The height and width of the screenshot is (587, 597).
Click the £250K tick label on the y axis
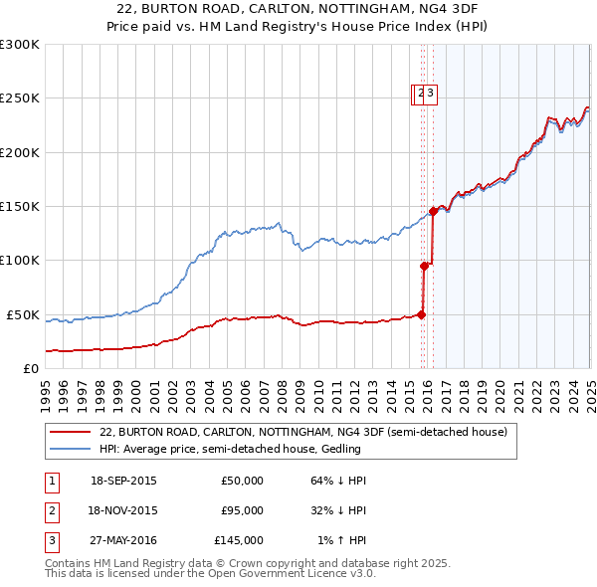[x=19, y=98]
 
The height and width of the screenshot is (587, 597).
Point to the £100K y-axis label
[x=19, y=261]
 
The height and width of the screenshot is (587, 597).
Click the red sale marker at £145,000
[x=434, y=211]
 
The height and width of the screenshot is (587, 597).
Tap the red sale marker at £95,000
[x=424, y=266]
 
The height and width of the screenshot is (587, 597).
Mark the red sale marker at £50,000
[x=421, y=314]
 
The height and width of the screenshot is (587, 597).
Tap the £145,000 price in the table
[x=238, y=540]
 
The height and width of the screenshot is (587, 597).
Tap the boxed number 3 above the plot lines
[x=432, y=95]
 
